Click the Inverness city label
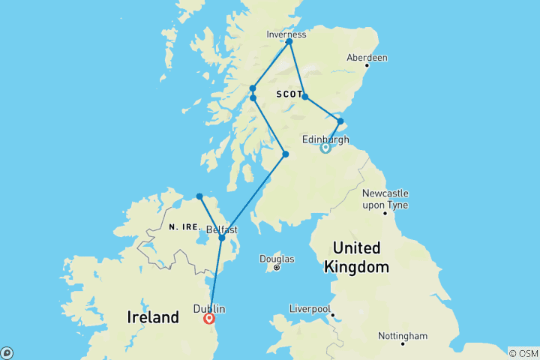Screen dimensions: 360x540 point(286,34)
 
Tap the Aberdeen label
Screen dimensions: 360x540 point(367,58)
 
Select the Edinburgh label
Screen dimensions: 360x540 point(325,139)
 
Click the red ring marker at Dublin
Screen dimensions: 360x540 point(210,319)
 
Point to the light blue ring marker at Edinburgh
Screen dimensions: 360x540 point(325,148)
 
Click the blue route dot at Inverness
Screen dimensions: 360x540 point(289,41)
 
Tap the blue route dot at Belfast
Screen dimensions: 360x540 point(222,238)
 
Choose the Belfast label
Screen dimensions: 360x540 point(221,229)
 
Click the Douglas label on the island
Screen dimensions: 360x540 point(277,259)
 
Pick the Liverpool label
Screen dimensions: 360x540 point(310,308)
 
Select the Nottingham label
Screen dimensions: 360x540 point(403,335)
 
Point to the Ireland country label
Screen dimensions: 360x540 point(154,317)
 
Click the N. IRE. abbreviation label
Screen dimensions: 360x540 point(184,226)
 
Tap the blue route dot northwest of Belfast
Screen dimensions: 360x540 point(199,196)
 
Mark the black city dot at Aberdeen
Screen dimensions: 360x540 point(369,66)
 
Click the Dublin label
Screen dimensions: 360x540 point(209,308)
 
